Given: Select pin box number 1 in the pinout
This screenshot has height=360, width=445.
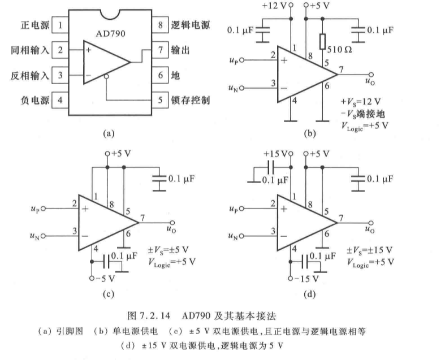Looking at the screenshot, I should pyautogui.click(x=60, y=25).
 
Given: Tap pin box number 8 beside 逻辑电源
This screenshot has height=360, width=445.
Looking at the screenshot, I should pyautogui.click(x=160, y=25).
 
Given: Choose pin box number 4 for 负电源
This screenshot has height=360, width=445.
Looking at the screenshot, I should pyautogui.click(x=60, y=101).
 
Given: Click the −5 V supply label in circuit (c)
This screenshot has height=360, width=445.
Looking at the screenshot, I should pyautogui.click(x=106, y=277).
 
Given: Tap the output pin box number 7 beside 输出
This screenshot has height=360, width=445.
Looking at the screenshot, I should pyautogui.click(x=160, y=50).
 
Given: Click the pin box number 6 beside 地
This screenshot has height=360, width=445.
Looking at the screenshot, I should pyautogui.click(x=160, y=75).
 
